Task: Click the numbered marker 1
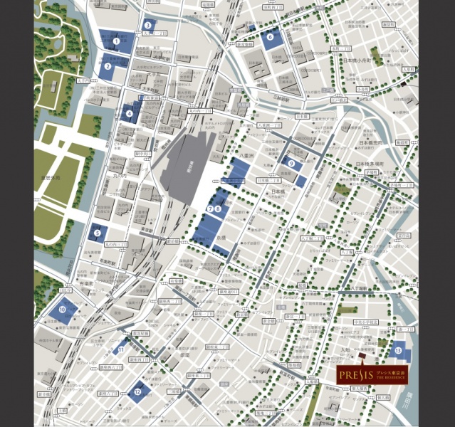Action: click(116, 41)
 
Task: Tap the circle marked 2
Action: click(108, 67)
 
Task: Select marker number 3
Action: click(147, 25)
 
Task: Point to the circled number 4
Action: click(130, 112)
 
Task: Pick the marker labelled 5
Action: click(97, 232)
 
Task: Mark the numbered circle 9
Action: click(292, 163)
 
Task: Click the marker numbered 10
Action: click(62, 310)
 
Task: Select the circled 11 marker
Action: click(121, 349)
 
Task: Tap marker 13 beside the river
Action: click(398, 349)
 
